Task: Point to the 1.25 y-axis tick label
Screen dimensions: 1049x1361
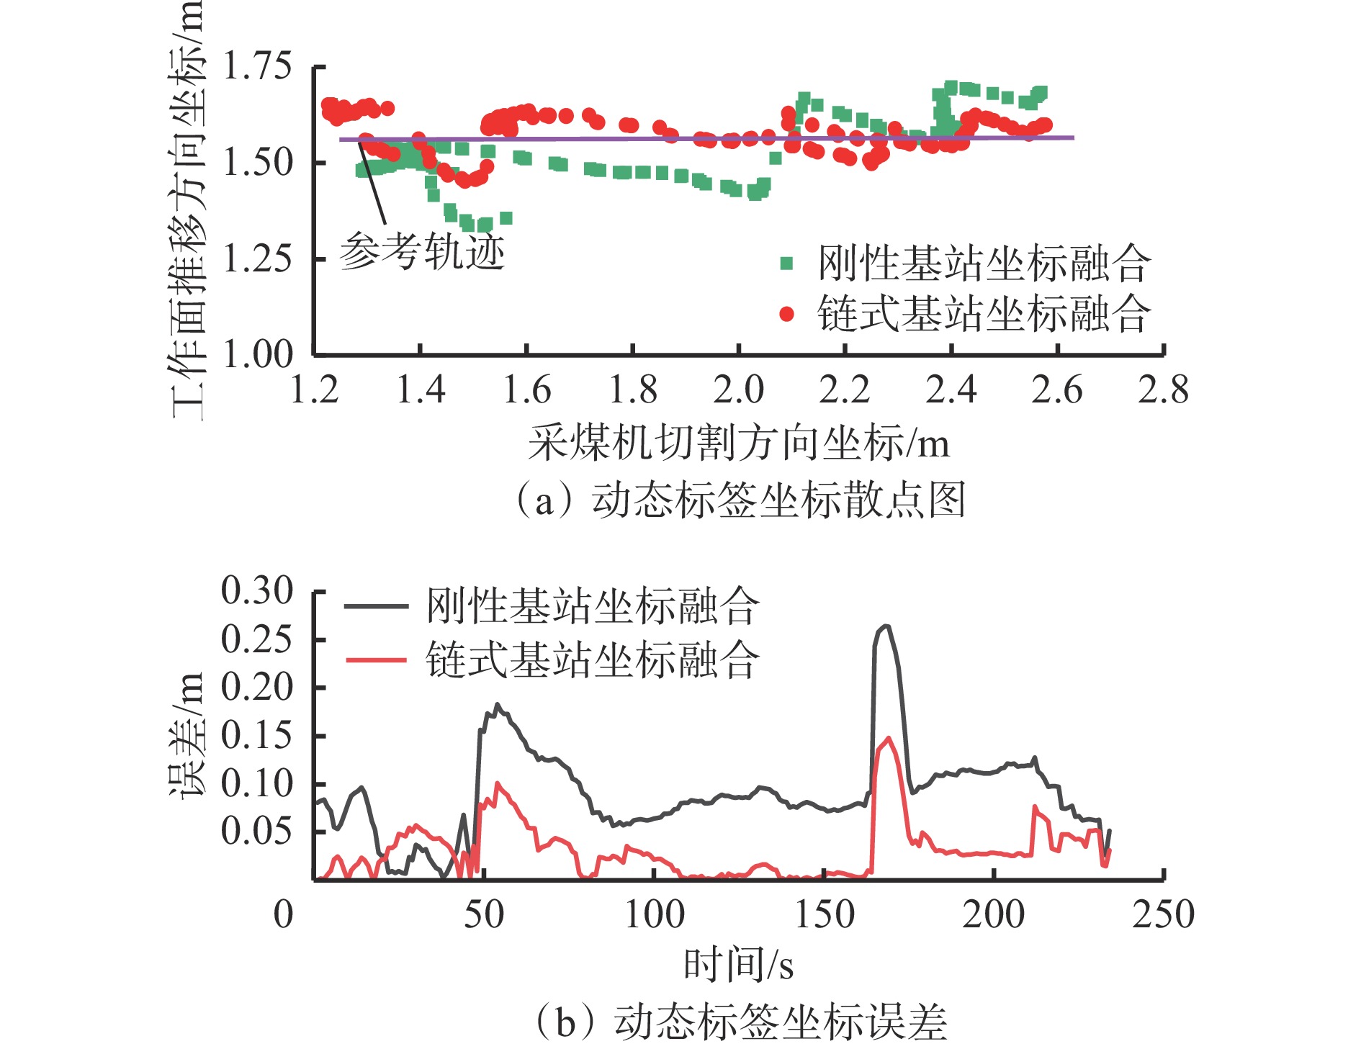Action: click(x=257, y=258)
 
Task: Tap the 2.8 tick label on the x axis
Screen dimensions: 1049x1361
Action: click(x=1163, y=390)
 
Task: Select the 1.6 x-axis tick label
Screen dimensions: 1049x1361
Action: click(x=526, y=390)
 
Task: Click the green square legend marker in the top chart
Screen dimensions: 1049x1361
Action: click(x=786, y=264)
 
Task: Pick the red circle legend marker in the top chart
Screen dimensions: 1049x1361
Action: click(x=786, y=314)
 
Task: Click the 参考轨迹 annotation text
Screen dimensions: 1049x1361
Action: click(x=422, y=251)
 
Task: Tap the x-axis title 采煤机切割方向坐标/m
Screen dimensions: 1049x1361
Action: click(x=739, y=443)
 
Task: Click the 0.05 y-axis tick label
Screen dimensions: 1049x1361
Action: click(x=257, y=831)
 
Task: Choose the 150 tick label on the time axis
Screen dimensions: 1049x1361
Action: click(x=824, y=915)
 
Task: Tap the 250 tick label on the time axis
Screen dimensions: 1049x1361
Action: click(x=1163, y=915)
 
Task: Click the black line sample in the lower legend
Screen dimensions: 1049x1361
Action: click(x=376, y=606)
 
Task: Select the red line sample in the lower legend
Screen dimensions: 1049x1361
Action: click(x=376, y=659)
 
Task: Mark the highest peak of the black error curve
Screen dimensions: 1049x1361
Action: click(x=886, y=626)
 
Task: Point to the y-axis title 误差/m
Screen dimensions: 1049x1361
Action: click(x=188, y=736)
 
